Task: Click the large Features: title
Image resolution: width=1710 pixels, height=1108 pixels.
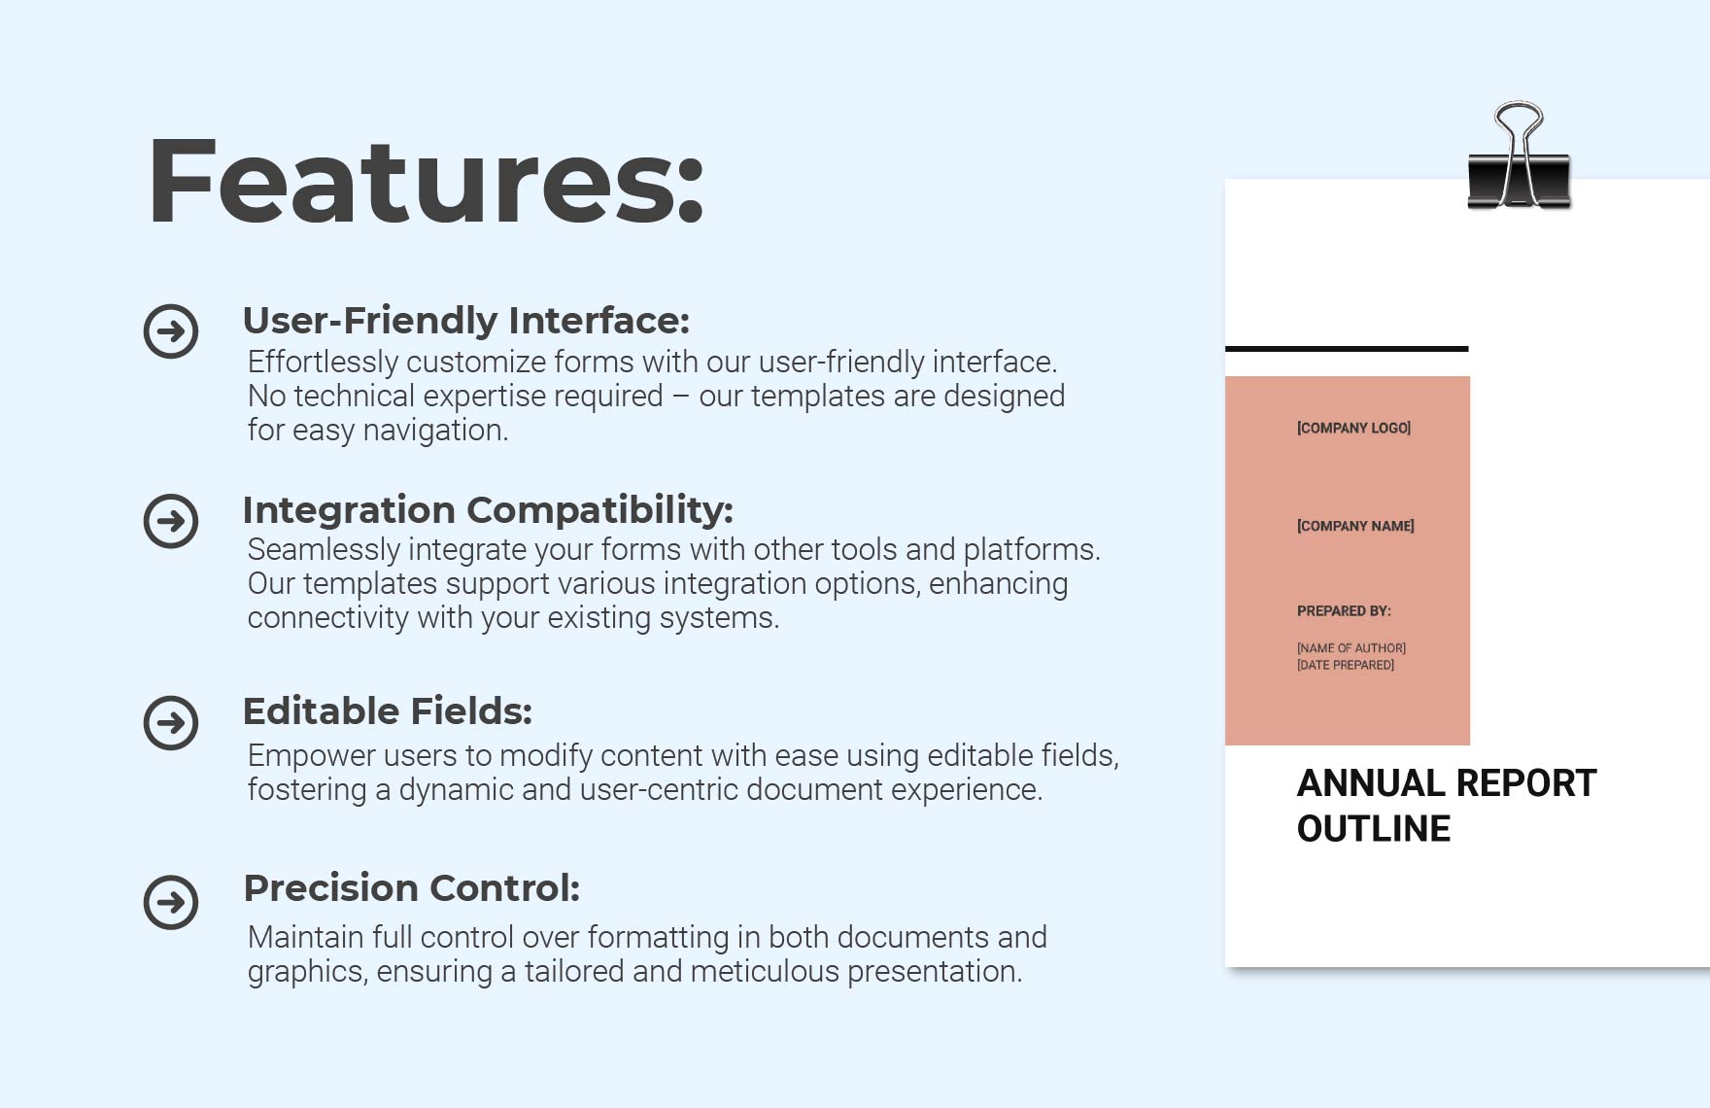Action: (425, 183)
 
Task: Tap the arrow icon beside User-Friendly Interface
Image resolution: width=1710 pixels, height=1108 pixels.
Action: (171, 331)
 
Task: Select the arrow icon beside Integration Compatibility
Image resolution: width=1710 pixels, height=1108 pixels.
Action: (171, 521)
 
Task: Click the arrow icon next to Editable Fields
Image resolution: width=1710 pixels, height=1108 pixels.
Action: (171, 722)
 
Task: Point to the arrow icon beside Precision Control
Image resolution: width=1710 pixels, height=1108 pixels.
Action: (171, 902)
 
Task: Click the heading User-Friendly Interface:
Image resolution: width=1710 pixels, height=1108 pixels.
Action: (465, 320)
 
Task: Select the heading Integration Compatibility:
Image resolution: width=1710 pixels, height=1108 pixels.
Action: (487, 509)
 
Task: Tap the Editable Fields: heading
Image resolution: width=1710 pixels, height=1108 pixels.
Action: (387, 710)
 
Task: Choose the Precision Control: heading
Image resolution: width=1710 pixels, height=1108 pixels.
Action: (411, 887)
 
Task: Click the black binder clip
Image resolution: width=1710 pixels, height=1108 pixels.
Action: (1519, 160)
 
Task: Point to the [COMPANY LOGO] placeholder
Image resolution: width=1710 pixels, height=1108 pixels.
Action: (1353, 428)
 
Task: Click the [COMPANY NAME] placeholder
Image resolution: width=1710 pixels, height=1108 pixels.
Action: (1355, 526)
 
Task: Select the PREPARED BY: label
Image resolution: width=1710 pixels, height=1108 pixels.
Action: (1344, 611)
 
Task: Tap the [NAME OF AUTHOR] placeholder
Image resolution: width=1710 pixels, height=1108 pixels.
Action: (1351, 648)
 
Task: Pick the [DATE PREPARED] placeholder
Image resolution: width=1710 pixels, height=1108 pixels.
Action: (1345, 666)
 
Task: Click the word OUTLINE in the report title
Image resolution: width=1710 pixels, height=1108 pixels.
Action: (1374, 829)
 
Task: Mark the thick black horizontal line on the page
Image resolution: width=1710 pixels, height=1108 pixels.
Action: (1347, 348)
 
